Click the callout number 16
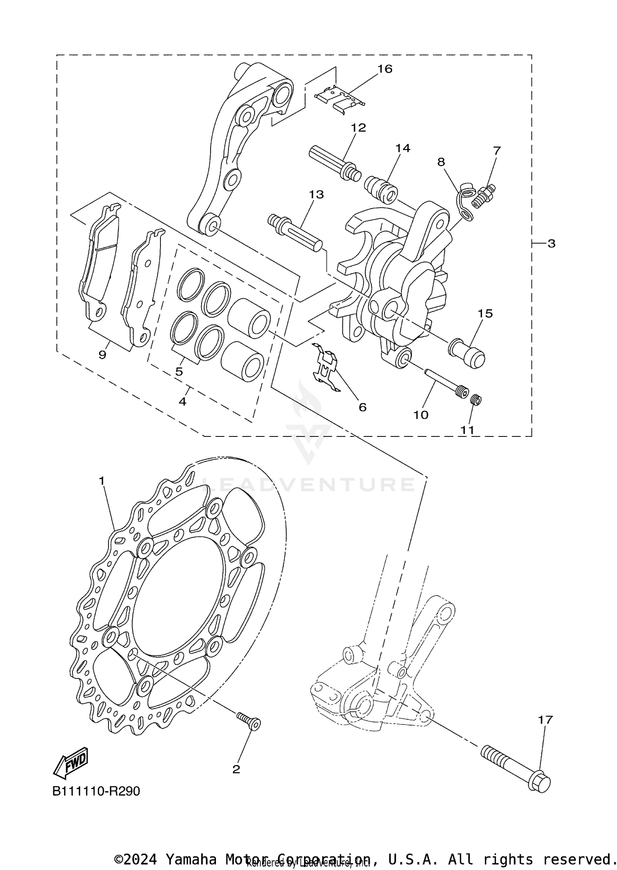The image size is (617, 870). (385, 69)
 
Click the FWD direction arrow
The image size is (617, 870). (71, 762)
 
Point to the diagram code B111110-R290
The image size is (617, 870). (96, 791)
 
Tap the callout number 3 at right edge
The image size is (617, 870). (551, 244)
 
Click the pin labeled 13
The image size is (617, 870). (295, 233)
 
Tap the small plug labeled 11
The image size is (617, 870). (476, 399)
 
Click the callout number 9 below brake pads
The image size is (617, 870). (102, 354)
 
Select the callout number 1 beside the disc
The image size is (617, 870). (102, 480)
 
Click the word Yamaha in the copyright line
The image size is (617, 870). (191, 859)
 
